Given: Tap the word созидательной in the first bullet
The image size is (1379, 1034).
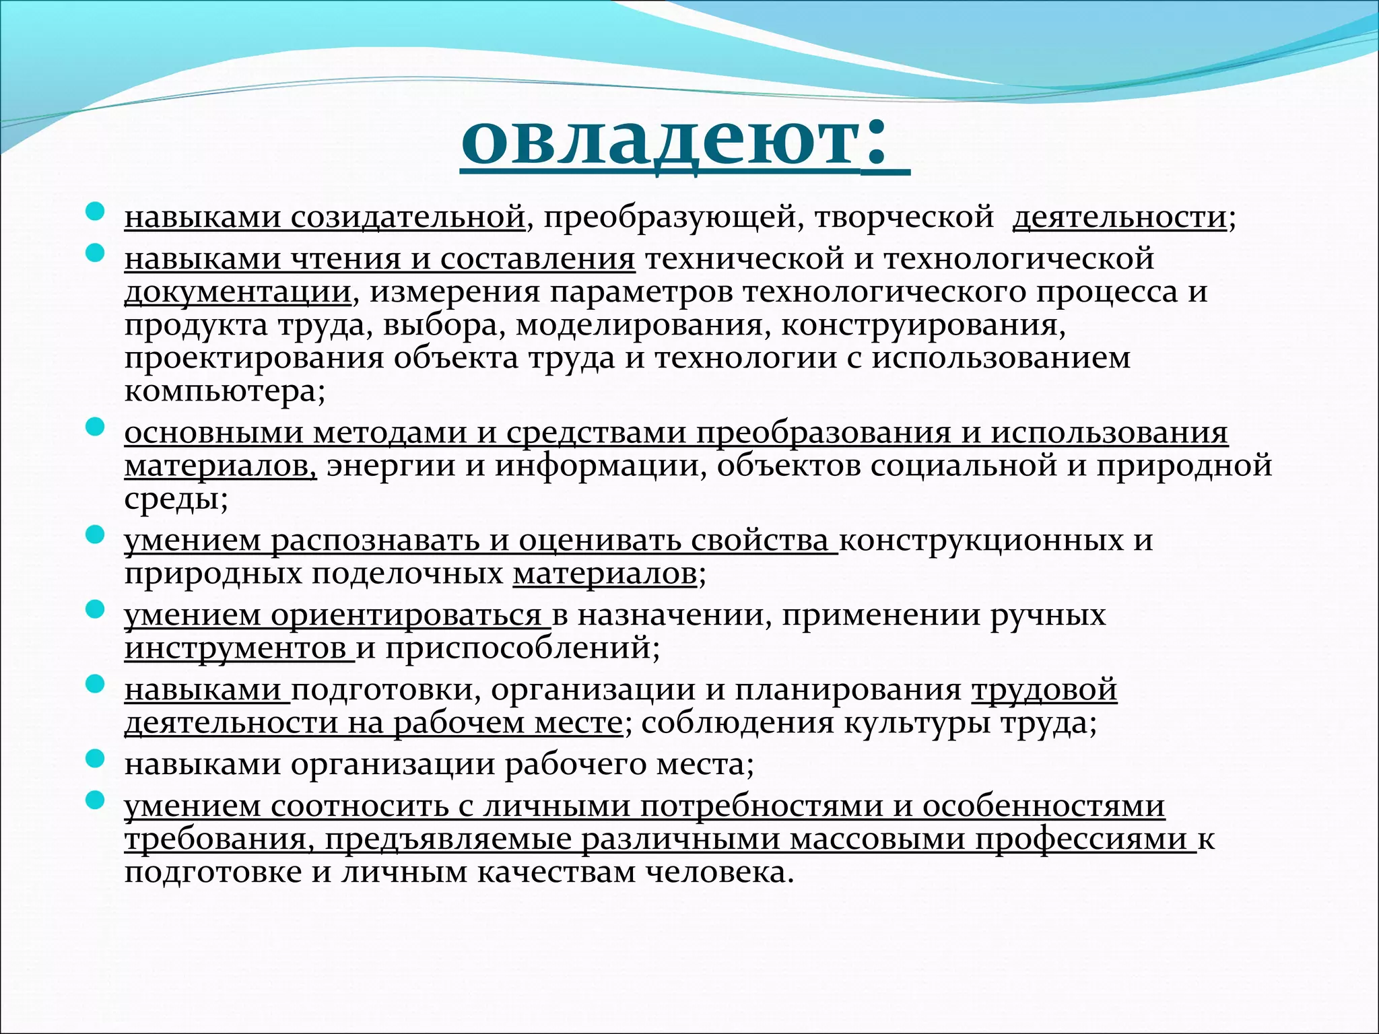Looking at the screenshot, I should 408,217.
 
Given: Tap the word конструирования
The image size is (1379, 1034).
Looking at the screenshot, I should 923,325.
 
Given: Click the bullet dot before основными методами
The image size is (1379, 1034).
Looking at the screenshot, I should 96,427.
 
